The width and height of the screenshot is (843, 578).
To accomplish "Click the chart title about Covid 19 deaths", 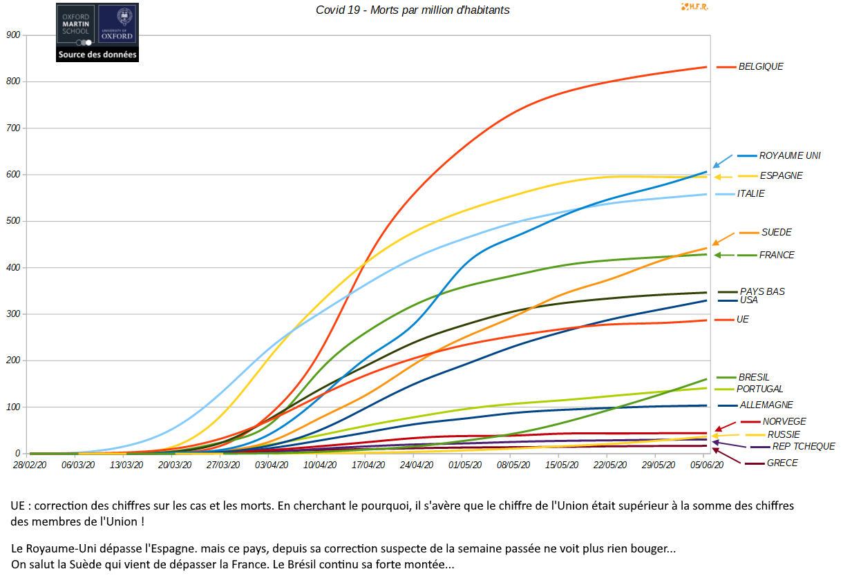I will point(413,10).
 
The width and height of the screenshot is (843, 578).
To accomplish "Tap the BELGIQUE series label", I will point(761,67).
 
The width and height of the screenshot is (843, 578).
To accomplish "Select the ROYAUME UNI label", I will point(790,156).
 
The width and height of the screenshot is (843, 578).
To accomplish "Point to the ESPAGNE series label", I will point(781,176).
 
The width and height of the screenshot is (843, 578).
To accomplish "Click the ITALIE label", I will point(750,194).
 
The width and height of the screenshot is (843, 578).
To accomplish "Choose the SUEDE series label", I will point(777,233).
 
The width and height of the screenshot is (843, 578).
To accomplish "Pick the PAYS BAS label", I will point(762,291).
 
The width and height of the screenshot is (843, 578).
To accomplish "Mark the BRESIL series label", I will point(754,378).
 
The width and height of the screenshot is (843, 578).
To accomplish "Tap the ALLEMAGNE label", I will point(766,405).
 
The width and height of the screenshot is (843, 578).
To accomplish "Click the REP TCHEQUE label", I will point(804,447).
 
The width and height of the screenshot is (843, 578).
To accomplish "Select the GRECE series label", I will point(782,463).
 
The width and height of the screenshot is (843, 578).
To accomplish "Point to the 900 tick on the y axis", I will point(12,35).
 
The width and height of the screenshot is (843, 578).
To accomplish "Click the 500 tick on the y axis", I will point(12,221).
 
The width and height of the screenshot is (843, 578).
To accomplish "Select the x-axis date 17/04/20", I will point(368,465).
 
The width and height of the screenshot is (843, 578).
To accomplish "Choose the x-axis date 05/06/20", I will point(707,465).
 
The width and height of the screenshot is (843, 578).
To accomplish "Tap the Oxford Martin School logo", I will point(76,25).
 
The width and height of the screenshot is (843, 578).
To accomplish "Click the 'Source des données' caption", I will point(97,55).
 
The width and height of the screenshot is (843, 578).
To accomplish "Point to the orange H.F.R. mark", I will point(695,7).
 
